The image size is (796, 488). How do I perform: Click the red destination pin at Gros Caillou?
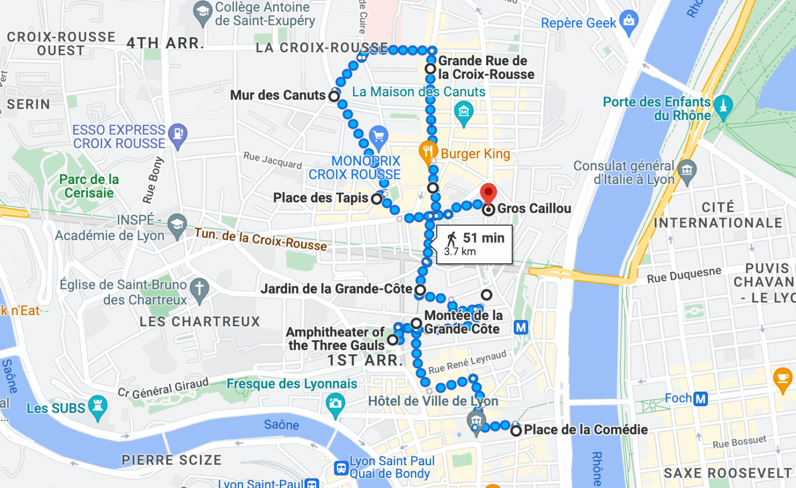(488, 193)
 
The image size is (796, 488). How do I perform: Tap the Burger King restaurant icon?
(428, 151)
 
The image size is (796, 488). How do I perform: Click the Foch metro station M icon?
(701, 398)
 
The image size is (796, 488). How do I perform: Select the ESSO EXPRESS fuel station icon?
(178, 134)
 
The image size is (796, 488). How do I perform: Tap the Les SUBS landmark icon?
(98, 407)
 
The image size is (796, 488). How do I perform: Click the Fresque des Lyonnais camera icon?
(335, 403)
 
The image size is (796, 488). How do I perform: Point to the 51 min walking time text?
(483, 238)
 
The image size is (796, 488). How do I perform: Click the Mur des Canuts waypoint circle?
(334, 96)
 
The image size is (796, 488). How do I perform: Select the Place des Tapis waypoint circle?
(377, 198)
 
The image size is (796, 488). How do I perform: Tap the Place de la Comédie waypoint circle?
(516, 430)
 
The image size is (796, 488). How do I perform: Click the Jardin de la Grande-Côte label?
(336, 289)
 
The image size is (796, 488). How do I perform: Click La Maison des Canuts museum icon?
(463, 111)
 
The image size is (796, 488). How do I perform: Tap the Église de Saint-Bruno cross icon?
(200, 289)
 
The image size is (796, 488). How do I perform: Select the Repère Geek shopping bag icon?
(629, 22)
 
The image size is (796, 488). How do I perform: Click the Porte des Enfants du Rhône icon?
(723, 106)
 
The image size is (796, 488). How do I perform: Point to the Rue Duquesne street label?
(684, 275)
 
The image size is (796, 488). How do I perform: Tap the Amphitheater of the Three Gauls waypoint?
(393, 340)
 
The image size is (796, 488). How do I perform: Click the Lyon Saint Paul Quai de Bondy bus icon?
(340, 468)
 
